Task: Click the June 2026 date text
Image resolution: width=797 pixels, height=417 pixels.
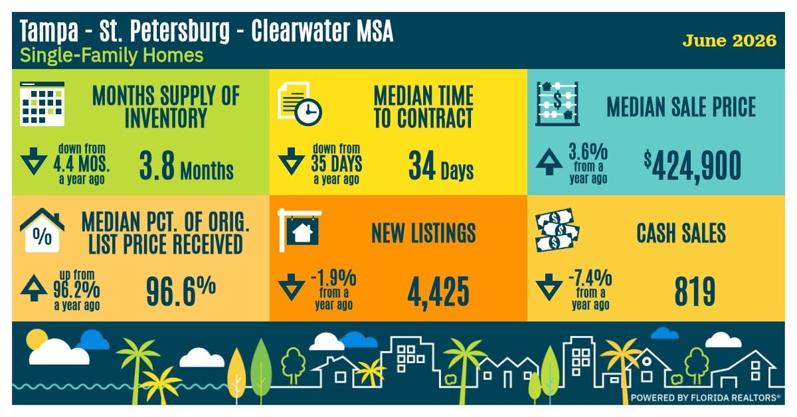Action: pos(729,41)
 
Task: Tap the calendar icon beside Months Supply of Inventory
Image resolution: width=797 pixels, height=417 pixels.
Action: pos(42,104)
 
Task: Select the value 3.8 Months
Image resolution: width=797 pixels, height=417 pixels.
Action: pos(186,166)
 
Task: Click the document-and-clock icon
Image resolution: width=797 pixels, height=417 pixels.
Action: pos(300,104)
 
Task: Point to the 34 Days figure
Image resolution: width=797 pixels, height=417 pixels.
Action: pos(441,166)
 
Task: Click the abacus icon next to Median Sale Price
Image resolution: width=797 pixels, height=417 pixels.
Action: pos(557,104)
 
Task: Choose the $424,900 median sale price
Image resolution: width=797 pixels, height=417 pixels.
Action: pos(692,167)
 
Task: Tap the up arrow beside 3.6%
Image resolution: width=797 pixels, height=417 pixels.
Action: pos(549,162)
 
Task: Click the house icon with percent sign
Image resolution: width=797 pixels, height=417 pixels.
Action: pos(42,230)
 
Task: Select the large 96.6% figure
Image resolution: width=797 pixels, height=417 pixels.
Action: pos(181,291)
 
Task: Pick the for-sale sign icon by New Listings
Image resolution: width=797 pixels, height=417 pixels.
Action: pos(300,230)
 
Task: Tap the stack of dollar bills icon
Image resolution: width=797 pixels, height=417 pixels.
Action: pos(557,230)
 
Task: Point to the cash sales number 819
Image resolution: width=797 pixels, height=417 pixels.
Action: pos(695,292)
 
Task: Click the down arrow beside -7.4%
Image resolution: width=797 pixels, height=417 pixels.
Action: pos(549,288)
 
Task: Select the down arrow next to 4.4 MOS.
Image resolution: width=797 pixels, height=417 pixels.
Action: pos(34,161)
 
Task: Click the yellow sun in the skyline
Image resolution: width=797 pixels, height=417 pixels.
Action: pos(36,338)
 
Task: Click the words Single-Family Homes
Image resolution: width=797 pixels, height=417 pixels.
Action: pos(112,56)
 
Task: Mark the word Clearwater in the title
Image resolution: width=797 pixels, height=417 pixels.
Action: pos(300,31)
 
